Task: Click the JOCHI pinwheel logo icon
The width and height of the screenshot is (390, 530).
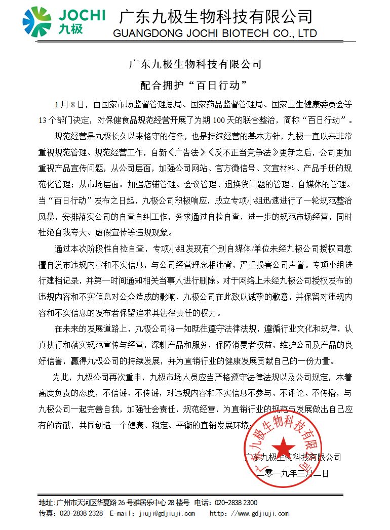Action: pos(37,22)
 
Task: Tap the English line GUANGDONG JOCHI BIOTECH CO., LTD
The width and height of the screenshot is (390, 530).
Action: pos(216,34)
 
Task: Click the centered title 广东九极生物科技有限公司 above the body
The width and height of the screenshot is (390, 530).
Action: pos(196,65)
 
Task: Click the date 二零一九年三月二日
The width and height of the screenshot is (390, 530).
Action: pos(293,474)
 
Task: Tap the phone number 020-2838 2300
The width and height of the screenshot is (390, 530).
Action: pos(236,503)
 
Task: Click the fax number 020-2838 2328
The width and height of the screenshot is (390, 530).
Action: pos(81,513)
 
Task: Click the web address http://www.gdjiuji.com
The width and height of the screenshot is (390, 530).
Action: pos(249,513)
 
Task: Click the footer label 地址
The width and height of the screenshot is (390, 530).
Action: pos(46,503)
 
